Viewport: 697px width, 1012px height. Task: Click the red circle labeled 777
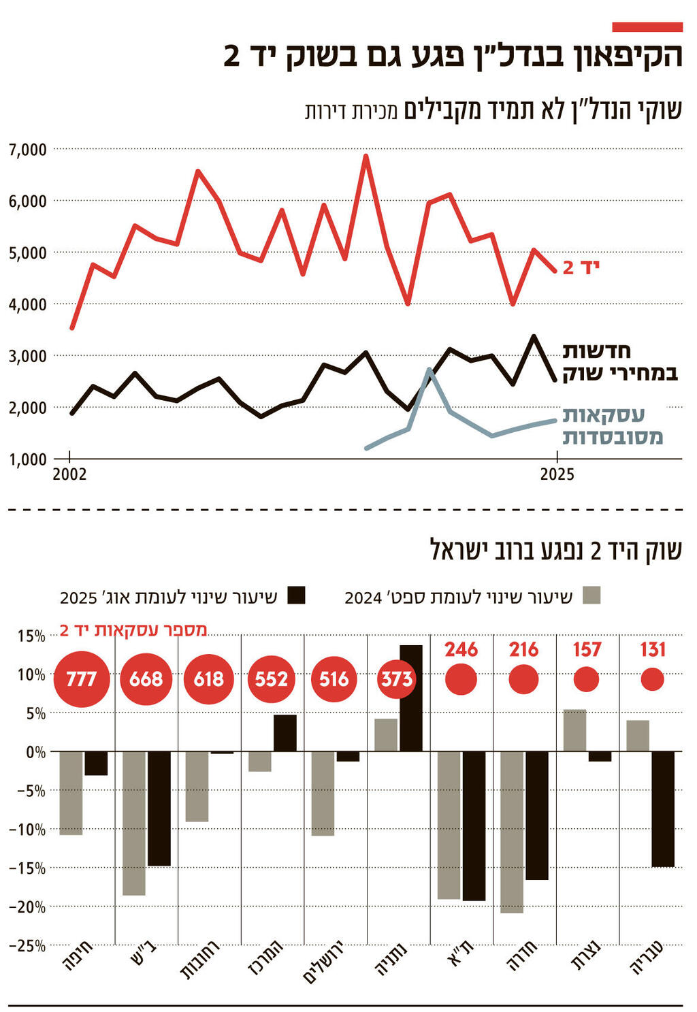[x=82, y=679]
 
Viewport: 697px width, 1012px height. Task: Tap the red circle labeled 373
[x=396, y=679]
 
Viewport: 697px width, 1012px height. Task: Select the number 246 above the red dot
[x=461, y=649]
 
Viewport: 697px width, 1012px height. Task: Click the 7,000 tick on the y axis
[x=27, y=149]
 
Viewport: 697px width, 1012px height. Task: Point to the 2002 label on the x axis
[x=69, y=474]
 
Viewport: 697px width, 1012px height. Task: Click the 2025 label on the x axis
[x=557, y=474]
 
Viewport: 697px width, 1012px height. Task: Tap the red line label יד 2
[x=581, y=267]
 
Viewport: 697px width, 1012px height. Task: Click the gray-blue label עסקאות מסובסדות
[x=612, y=425]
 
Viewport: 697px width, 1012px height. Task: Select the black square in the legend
[x=296, y=595]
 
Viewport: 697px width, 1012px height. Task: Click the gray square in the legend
[x=591, y=595]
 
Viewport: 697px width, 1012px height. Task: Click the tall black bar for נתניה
[x=410, y=698]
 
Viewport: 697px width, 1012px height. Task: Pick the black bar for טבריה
[x=663, y=809]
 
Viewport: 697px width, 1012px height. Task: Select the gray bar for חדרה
[x=512, y=832]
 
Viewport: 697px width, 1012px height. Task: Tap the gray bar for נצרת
[x=574, y=730]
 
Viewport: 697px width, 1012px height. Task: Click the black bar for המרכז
[x=285, y=733]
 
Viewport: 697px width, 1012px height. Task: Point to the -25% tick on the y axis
[x=27, y=945]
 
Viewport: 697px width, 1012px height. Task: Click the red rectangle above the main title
[x=647, y=27]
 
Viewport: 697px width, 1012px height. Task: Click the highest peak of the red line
[x=366, y=156]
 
